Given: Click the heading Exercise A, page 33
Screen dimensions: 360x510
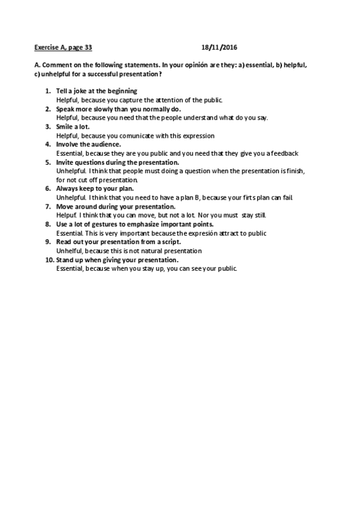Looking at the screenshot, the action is (x=63, y=46).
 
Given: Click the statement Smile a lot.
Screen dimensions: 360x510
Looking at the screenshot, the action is (x=73, y=128).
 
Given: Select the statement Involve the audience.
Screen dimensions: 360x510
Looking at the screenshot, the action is (x=88, y=144).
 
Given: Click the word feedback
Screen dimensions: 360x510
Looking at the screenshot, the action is (x=284, y=153).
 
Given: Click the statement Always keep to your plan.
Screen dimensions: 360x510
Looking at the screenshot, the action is (x=94, y=189).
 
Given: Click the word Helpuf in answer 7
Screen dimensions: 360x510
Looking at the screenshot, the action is (x=66, y=215).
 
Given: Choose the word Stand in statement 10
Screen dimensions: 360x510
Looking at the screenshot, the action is (x=66, y=260).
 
